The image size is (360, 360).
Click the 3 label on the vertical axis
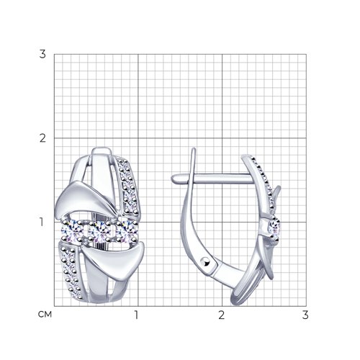42,54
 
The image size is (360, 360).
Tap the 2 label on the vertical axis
42,138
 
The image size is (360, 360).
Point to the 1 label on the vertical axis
42,222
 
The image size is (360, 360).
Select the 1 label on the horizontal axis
137,315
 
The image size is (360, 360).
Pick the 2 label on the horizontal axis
221,315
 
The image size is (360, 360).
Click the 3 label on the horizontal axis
305,315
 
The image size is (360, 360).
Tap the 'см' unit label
45,315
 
